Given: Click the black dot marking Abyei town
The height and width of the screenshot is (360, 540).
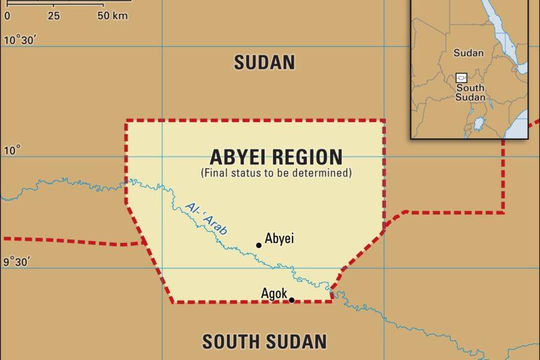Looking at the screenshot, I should (259, 245).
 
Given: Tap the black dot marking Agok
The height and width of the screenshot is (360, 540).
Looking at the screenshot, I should (292, 300).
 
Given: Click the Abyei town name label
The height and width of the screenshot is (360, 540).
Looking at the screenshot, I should (279, 238).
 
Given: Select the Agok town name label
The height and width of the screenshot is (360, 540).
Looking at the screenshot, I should (274, 293).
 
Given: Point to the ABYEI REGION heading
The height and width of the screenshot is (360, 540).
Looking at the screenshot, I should (276, 157).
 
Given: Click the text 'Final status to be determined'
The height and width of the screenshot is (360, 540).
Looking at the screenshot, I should (276, 172).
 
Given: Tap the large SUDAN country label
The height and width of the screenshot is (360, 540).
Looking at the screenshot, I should (264, 62).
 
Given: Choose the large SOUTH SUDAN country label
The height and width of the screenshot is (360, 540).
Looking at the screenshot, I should (264, 342).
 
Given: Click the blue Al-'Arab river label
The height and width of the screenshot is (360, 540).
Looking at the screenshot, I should (206, 219).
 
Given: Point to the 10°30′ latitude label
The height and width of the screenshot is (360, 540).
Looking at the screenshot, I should (21, 40).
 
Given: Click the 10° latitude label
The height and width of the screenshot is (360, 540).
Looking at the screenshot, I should (13, 150).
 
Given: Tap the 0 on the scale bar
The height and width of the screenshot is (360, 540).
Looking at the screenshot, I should (7, 16).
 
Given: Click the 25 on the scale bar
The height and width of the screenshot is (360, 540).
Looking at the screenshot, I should (54, 16).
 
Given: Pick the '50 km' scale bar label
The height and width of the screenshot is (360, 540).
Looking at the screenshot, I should (112, 16).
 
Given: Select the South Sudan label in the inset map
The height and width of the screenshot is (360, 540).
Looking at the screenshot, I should (470, 92).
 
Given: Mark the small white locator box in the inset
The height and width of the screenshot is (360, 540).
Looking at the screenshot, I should (461, 77).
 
